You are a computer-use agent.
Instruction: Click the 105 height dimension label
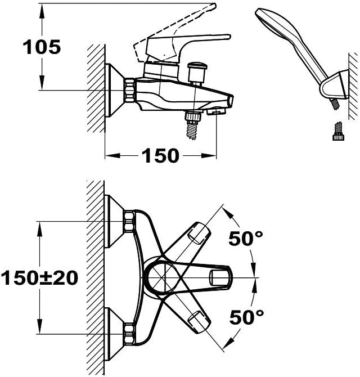pyautogui.click(x=42, y=47)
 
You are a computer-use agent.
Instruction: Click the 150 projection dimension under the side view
pyautogui.click(x=160, y=155)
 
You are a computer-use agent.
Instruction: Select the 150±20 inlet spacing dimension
pyautogui.click(x=39, y=277)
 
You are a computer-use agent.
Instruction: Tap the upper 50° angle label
pyautogui.click(x=246, y=238)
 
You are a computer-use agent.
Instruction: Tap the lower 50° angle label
pyautogui.click(x=246, y=317)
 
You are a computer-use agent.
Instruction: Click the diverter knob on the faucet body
pyautogui.click(x=196, y=72)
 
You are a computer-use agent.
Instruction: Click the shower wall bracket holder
pyautogui.click(x=335, y=85)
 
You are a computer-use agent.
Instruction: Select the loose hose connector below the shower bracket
pyautogui.click(x=339, y=131)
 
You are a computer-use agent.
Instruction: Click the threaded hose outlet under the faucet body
pyautogui.click(x=193, y=124)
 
